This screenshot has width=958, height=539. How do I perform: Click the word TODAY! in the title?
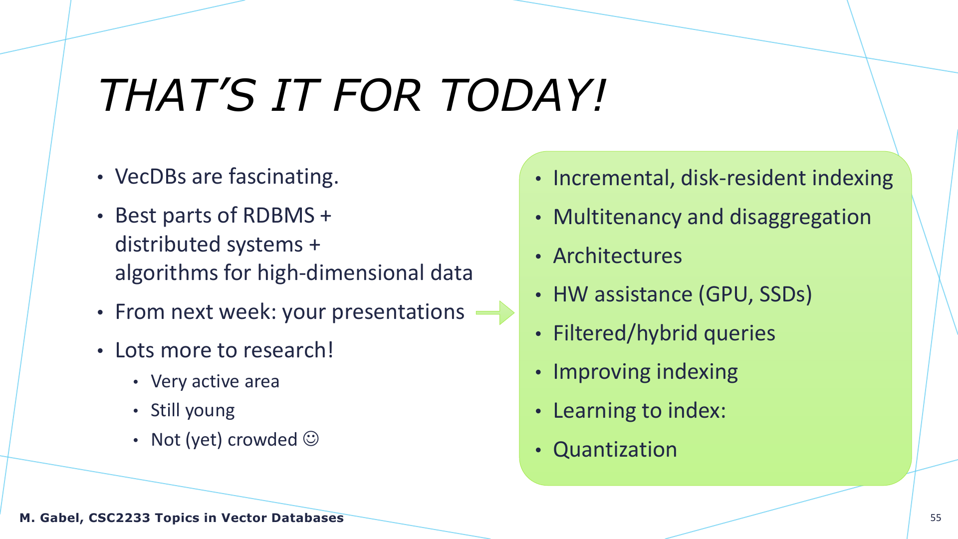click(522, 95)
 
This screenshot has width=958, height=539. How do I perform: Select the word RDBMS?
click(278, 216)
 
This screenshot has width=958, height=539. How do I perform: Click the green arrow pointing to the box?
click(495, 313)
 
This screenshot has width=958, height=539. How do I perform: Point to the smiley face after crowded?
click(311, 439)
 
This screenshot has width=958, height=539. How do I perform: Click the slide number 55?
click(936, 518)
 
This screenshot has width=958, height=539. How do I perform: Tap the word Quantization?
click(615, 450)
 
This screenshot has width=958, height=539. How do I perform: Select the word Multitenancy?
click(617, 218)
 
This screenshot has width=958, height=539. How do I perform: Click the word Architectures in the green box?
click(618, 256)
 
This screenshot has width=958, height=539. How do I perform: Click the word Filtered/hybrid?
click(625, 333)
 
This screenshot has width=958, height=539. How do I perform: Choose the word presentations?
click(398, 312)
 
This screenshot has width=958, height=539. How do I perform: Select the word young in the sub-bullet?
click(210, 411)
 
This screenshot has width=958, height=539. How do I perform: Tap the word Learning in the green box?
click(594, 411)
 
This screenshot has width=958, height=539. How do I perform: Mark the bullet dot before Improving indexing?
click(538, 373)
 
